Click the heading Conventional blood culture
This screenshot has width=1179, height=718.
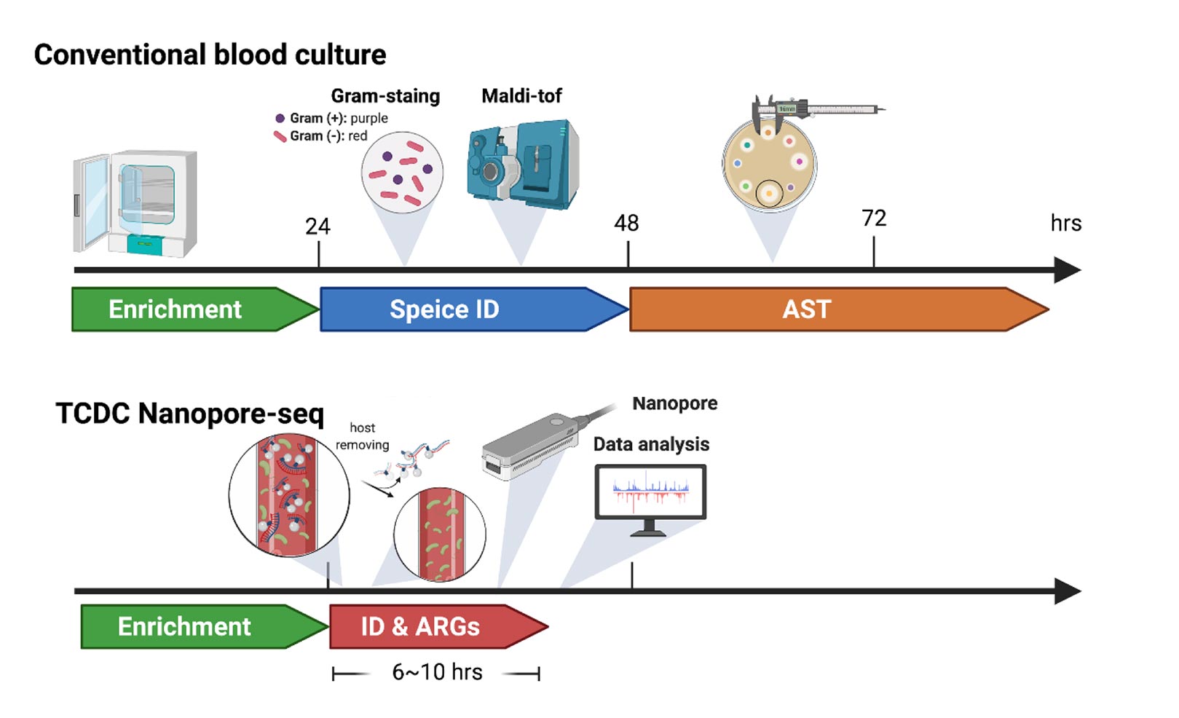pos(210,55)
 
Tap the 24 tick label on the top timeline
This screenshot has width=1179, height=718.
pos(318,226)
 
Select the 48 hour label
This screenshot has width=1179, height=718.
pos(626,223)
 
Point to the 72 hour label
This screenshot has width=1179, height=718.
pos(875,218)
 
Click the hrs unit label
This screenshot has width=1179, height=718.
pos(1066,223)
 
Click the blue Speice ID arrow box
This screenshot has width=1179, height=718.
pos(474,309)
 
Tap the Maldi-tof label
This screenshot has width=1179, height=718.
pos(521,96)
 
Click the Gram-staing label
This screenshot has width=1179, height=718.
pos(385,96)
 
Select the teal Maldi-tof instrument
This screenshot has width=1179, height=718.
pos(523,165)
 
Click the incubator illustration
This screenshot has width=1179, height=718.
pos(135,203)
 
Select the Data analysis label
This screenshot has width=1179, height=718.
pos(651,444)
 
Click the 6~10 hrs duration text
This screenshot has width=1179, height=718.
pos(437,672)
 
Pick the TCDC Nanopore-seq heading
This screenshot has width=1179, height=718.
pos(189,413)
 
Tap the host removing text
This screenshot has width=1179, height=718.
pos(363,436)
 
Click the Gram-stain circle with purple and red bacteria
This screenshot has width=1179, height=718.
pos(402,173)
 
